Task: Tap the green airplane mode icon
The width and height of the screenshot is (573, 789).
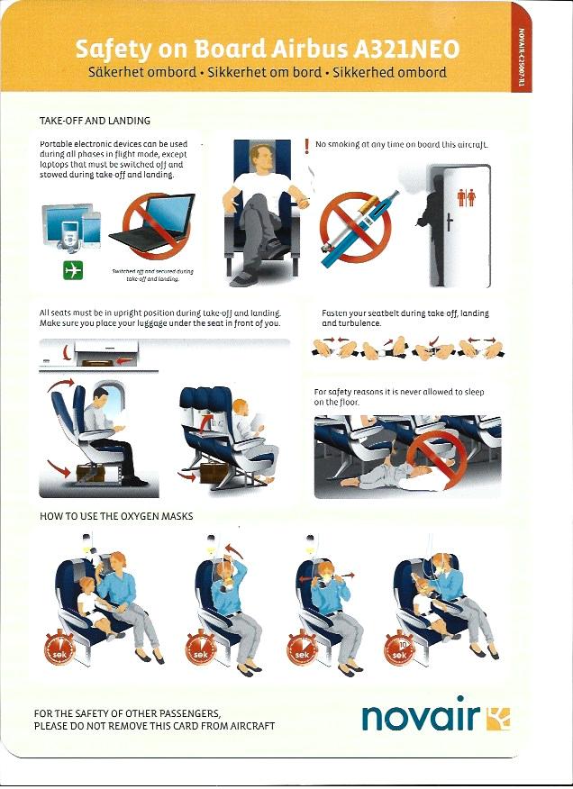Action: (x=73, y=270)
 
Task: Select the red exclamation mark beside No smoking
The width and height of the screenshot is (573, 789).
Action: (x=306, y=146)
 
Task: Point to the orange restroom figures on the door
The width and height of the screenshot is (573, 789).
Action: (x=467, y=198)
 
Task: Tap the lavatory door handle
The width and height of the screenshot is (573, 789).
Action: (x=450, y=221)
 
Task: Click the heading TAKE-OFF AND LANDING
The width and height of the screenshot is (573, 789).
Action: (x=95, y=121)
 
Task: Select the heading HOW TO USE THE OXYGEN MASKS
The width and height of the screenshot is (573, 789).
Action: (x=116, y=516)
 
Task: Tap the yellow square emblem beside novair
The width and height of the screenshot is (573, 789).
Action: (x=498, y=718)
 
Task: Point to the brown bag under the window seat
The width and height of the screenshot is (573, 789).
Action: (x=91, y=474)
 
